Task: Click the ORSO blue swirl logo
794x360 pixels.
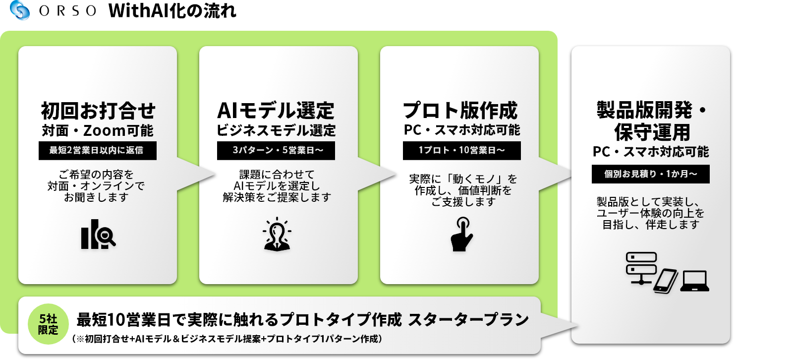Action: pos(20,10)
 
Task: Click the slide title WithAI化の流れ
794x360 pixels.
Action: pos(172,10)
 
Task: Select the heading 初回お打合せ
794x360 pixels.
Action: pos(98,111)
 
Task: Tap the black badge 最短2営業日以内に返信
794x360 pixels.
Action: pos(98,151)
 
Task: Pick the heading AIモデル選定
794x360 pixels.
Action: pos(276,111)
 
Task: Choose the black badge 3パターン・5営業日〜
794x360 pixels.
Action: pos(276,151)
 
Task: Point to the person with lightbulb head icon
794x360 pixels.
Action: pos(277,234)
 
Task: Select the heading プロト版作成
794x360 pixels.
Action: pos(460,111)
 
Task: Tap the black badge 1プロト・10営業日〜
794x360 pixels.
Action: pos(462,151)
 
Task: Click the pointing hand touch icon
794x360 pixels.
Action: pos(461,235)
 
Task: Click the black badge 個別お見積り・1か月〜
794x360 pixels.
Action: pos(651,174)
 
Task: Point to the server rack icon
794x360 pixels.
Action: pos(641,268)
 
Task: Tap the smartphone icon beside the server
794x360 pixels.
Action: pos(666,281)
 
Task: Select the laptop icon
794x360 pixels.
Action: pos(694,281)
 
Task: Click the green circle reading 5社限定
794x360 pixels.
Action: pos(48,324)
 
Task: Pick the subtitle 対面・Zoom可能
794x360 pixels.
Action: pos(98,130)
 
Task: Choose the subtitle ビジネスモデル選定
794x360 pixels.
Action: pos(276,130)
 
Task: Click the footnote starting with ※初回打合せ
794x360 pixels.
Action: pos(227,339)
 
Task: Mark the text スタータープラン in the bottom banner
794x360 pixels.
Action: pos(468,320)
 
